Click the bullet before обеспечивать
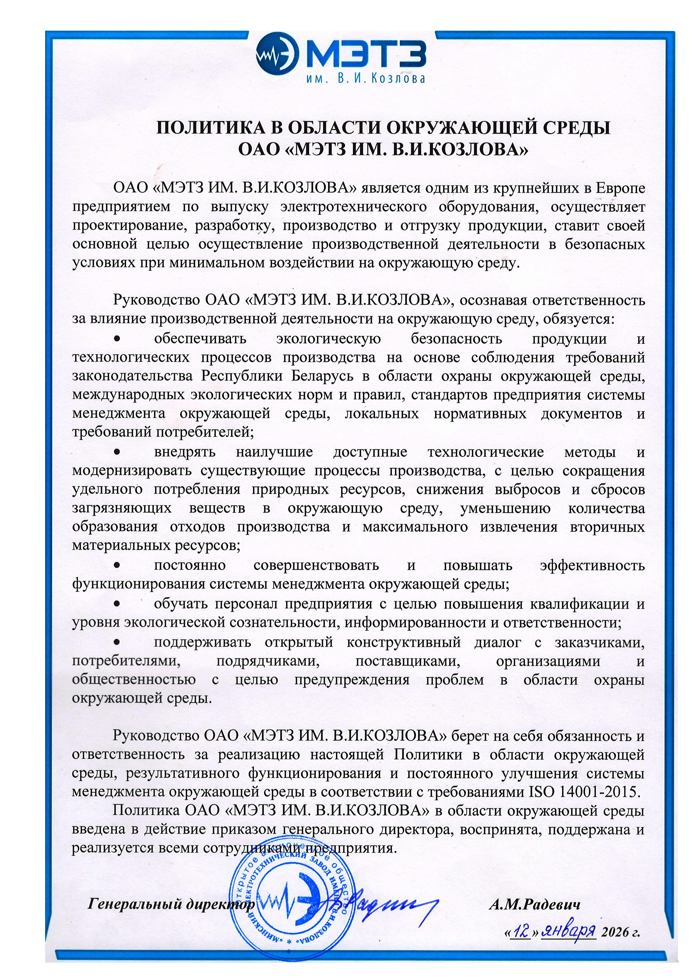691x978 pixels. click(x=119, y=339)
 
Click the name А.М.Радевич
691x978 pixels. click(x=534, y=905)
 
